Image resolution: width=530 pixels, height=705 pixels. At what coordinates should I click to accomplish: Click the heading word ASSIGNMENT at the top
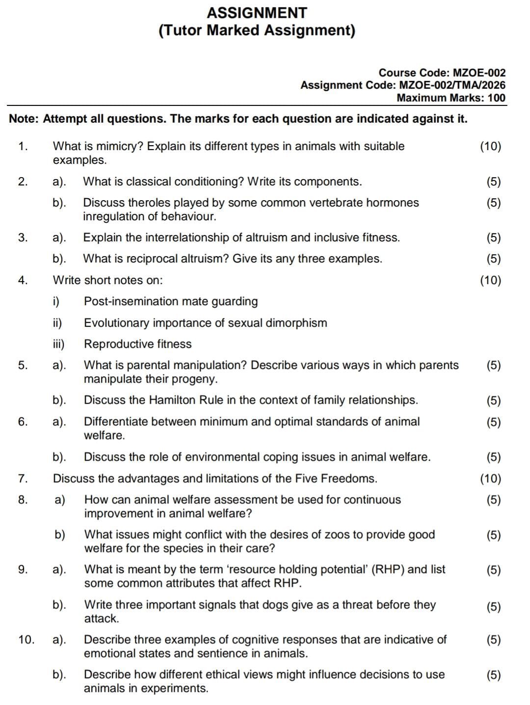[257, 13]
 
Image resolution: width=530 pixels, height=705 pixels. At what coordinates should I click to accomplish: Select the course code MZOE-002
[478, 73]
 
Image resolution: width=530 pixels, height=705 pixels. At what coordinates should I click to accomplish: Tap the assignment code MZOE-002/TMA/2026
[452, 85]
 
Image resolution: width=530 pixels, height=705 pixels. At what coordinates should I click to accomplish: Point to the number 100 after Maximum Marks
[497, 98]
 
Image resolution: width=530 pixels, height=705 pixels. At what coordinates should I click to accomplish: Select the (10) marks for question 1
[490, 146]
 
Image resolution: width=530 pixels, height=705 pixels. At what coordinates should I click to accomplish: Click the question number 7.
[23, 478]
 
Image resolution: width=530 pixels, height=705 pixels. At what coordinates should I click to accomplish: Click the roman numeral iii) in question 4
[58, 344]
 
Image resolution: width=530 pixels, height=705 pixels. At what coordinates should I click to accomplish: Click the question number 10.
[26, 640]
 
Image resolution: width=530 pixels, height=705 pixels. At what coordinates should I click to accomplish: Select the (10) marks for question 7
[490, 478]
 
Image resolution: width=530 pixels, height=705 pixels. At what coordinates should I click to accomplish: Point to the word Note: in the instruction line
[24, 119]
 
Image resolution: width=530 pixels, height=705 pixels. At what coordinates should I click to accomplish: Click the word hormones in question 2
[395, 203]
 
